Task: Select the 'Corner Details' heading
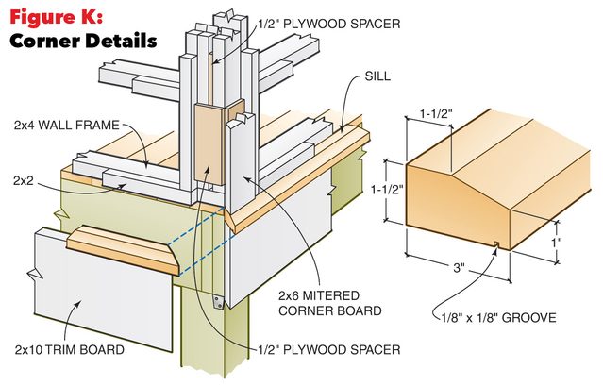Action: (x=81, y=41)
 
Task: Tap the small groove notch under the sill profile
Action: (x=495, y=247)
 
